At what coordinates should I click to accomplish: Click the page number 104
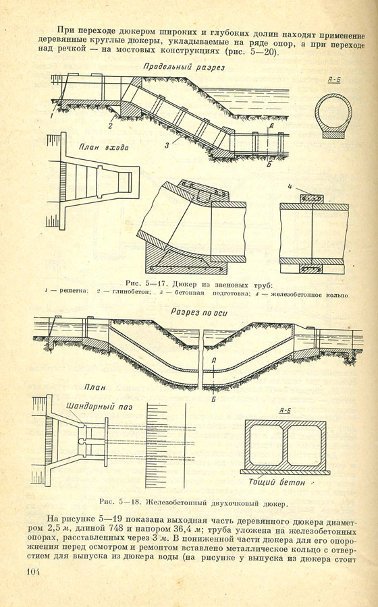(33, 572)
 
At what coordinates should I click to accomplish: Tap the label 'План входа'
(104, 147)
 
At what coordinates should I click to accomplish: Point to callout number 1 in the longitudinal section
(51, 115)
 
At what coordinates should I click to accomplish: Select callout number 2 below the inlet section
(111, 125)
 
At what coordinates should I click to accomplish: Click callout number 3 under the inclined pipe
(167, 146)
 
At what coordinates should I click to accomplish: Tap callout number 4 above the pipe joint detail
(290, 187)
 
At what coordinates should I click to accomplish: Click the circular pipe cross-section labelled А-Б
(333, 112)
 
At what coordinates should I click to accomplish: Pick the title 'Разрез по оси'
(199, 313)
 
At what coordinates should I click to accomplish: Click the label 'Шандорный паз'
(99, 407)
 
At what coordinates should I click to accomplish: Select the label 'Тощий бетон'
(277, 482)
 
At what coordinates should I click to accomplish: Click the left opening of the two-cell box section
(267, 445)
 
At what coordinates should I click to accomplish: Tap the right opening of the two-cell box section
(304, 445)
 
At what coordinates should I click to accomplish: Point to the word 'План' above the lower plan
(95, 388)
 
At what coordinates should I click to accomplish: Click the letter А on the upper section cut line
(271, 125)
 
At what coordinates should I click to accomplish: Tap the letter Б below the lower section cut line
(213, 399)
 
